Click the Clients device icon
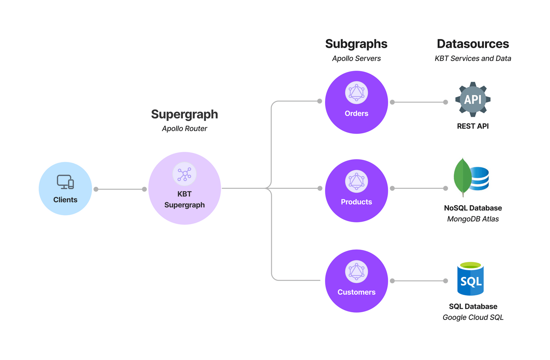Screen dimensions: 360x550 (65, 182)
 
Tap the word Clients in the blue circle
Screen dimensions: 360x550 (65, 200)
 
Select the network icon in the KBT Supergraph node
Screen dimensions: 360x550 (184, 174)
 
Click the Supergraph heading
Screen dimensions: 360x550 (184, 114)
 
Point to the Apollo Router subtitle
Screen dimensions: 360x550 (184, 129)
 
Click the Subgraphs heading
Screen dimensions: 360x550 (356, 44)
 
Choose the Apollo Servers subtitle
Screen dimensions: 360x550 (356, 58)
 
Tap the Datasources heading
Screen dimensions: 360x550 (473, 44)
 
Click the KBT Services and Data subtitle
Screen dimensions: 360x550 (473, 58)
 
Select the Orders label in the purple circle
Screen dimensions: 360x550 (356, 114)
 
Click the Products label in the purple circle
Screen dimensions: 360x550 (356, 202)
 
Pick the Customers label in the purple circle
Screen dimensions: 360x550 (356, 292)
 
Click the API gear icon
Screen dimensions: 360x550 (473, 99)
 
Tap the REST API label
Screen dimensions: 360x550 (473, 126)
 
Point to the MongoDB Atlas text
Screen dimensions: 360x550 (473, 219)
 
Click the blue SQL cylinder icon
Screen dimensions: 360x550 (471, 280)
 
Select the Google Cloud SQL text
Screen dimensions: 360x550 (473, 318)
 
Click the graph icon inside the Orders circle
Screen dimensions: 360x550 (356, 92)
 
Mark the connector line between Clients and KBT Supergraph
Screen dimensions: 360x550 (120, 189)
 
